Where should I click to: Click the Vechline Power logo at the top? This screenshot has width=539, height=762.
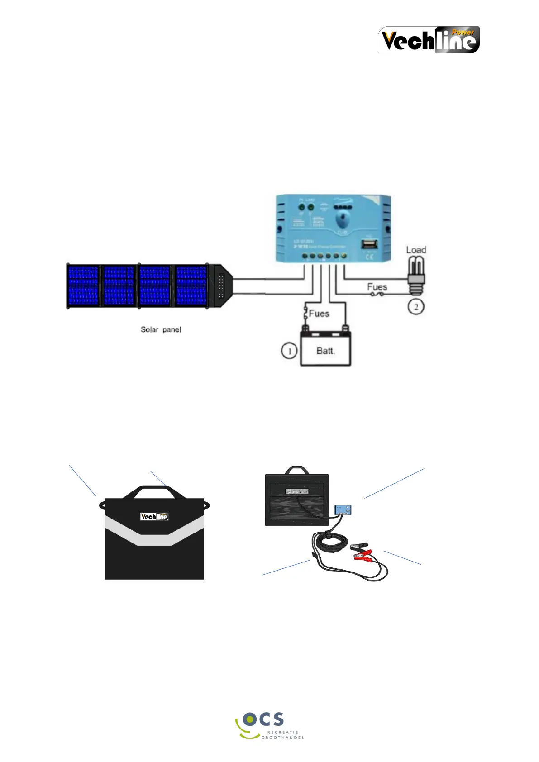(x=429, y=40)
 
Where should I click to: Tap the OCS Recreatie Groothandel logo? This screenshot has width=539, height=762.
(x=269, y=725)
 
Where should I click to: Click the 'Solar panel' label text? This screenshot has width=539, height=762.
(x=161, y=329)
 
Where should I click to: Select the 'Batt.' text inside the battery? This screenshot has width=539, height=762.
(x=325, y=351)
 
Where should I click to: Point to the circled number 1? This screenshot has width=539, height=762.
(x=289, y=351)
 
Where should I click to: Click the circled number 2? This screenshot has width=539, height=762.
(x=416, y=307)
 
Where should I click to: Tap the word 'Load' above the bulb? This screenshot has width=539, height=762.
(x=416, y=250)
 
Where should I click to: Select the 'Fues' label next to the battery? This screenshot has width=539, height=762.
(x=319, y=314)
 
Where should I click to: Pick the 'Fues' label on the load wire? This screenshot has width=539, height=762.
(x=377, y=287)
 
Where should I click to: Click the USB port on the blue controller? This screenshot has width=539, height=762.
(x=369, y=244)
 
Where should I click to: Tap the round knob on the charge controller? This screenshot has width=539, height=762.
(x=343, y=221)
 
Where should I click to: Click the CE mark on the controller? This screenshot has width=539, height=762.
(x=369, y=257)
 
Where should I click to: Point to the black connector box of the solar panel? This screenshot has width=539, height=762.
(x=221, y=286)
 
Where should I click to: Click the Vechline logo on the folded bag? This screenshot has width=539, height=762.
(x=154, y=516)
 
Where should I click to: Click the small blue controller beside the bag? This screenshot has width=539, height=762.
(x=343, y=510)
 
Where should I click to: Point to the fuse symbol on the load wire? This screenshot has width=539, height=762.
(x=377, y=294)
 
